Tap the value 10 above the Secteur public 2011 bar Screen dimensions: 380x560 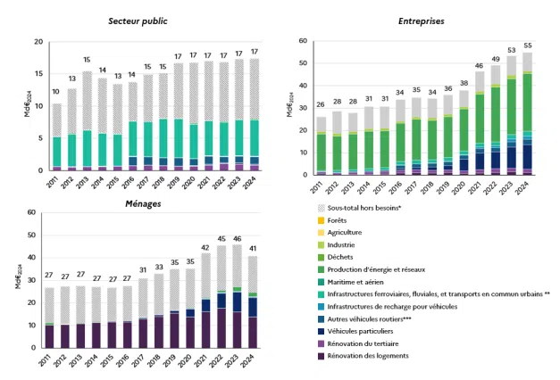[57, 93]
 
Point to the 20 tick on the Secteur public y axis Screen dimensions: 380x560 [36, 42]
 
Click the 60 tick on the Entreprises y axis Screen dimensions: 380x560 [303, 41]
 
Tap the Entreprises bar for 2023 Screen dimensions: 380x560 [511, 115]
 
